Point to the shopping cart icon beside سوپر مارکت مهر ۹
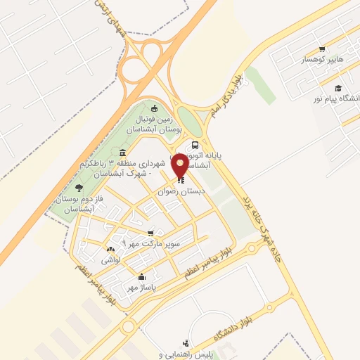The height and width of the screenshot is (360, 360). tap(150, 233)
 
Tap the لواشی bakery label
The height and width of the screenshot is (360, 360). tap(111, 260)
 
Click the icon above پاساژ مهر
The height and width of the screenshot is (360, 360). tap(142, 276)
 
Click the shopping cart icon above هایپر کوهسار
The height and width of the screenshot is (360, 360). tap(321, 49)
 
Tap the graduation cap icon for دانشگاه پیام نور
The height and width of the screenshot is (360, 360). tap(338, 88)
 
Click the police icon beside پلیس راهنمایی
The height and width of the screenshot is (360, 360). tap(186, 343)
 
